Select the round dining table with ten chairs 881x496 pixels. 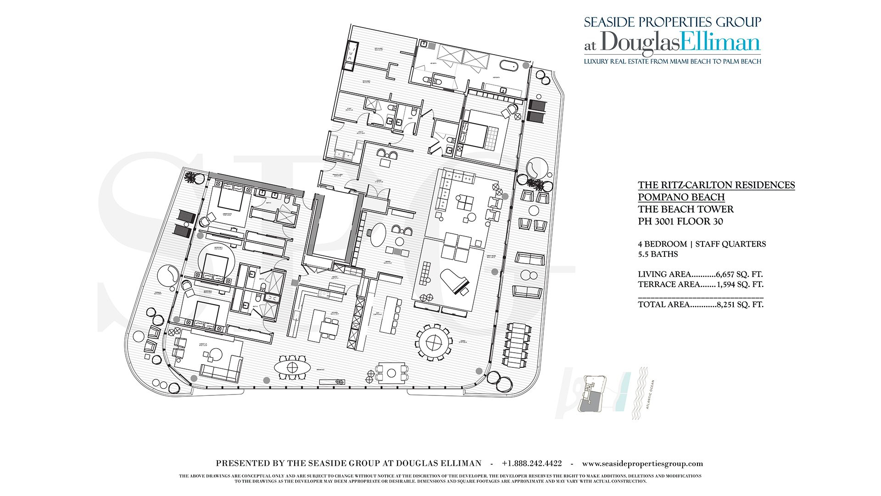click(433, 342)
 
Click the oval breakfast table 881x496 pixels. click(292, 367)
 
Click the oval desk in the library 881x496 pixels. click(379, 234)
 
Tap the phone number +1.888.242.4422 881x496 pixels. click(531, 463)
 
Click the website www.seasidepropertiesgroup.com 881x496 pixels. click(642, 463)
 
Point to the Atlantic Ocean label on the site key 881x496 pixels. click(650, 394)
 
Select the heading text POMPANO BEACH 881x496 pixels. click(681, 197)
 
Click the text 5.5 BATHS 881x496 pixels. click(658, 254)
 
